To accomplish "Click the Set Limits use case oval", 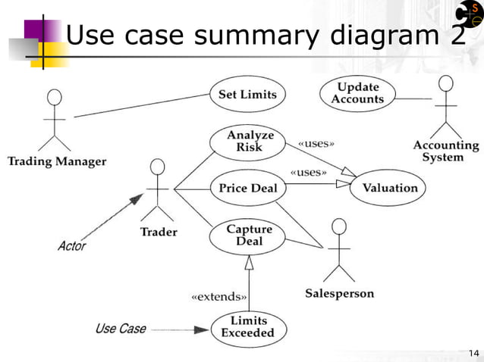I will (x=247, y=95).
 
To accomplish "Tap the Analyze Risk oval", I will (x=250, y=142).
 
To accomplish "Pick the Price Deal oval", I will (x=248, y=188).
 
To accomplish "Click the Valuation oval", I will (x=389, y=188).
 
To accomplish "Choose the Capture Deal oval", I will (x=249, y=235).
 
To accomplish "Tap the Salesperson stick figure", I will (x=339, y=250).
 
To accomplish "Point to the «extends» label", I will (x=218, y=296).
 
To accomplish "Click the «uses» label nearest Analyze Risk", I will (x=316, y=142).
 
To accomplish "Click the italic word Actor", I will (x=72, y=246).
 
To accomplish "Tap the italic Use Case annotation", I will (x=121, y=329).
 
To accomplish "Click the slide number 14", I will (x=474, y=353).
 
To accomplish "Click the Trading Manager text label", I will (x=57, y=161).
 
